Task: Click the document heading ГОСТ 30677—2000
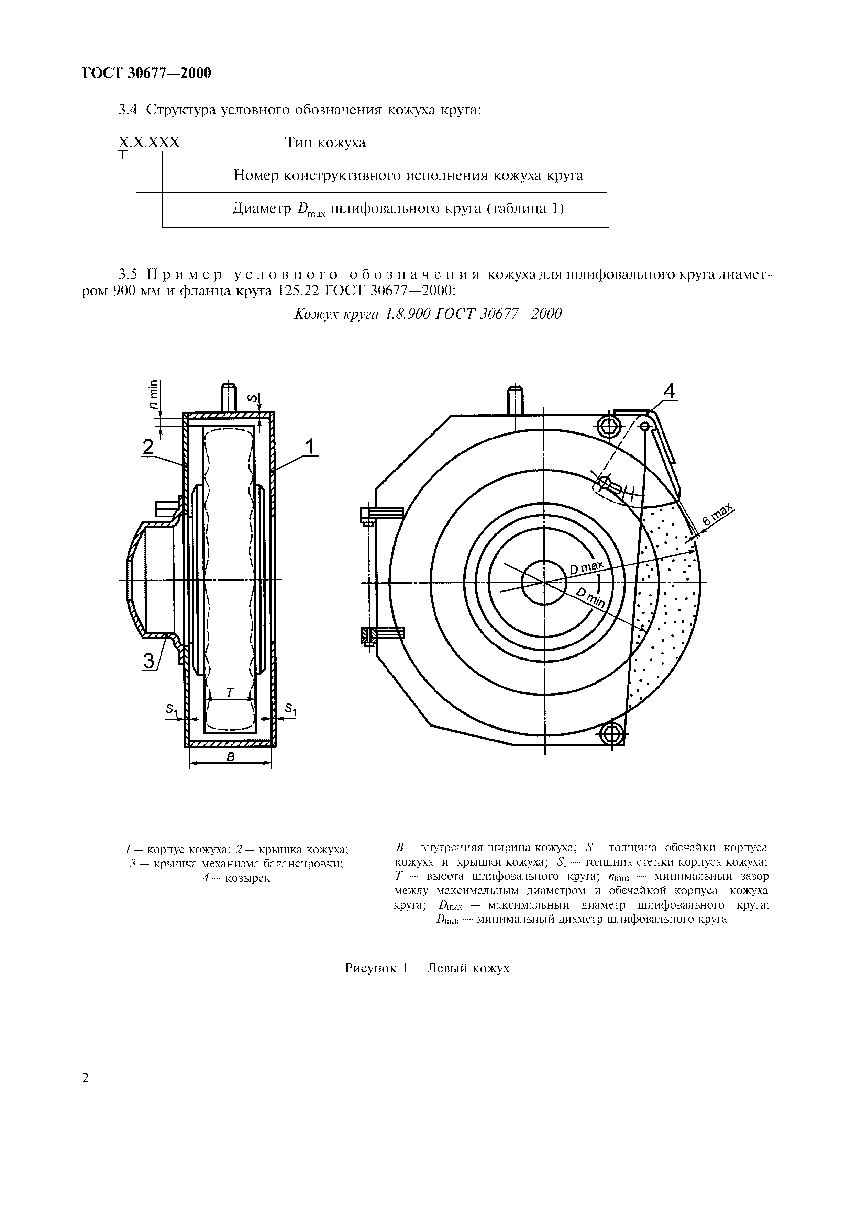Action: pos(147,74)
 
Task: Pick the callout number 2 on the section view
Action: pos(148,447)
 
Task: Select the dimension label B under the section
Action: pos(230,756)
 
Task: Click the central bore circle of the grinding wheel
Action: pos(544,582)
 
